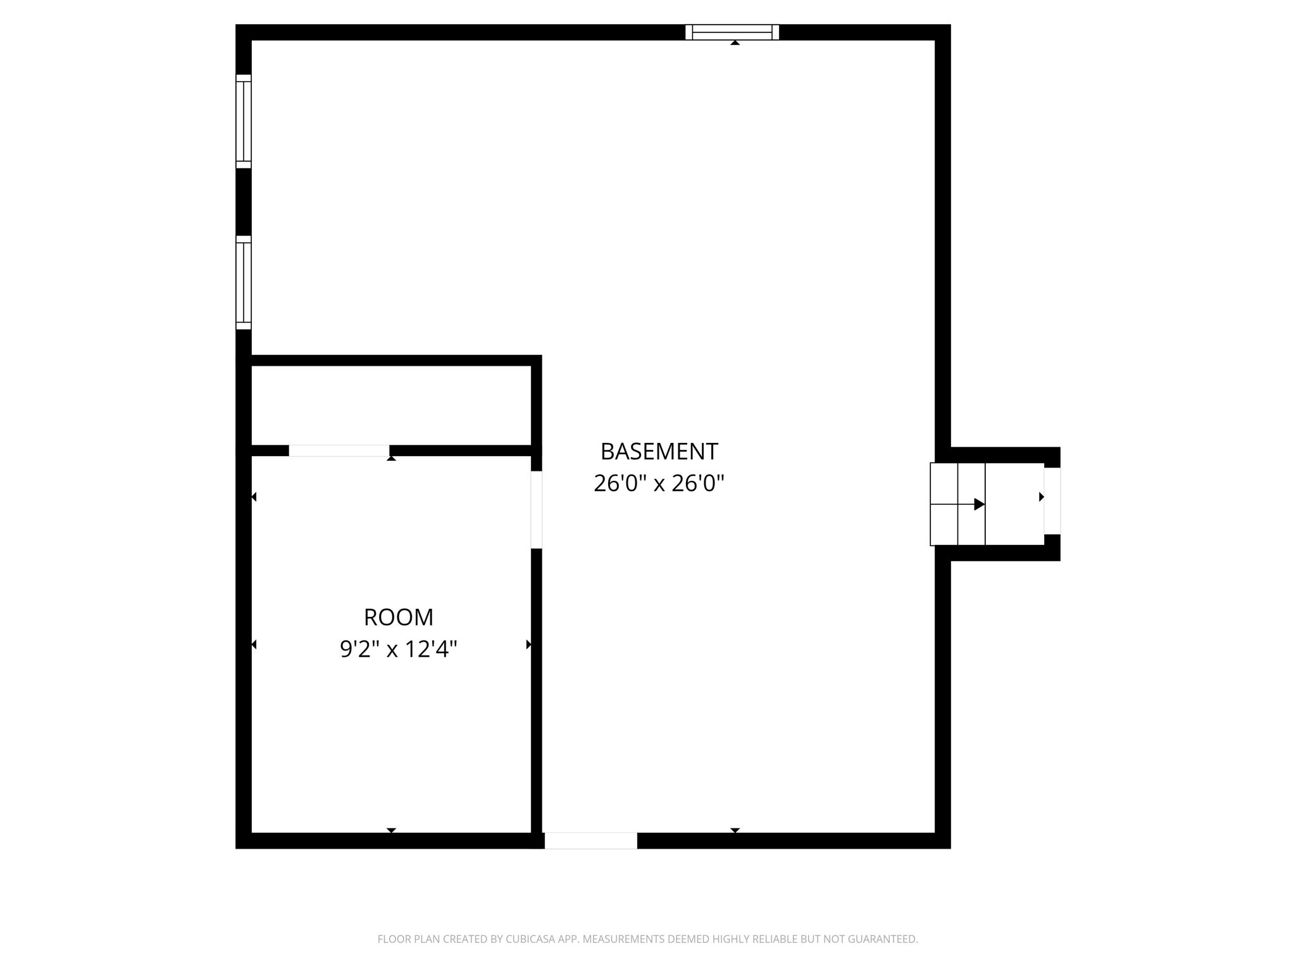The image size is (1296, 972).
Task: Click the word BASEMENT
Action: pos(659,452)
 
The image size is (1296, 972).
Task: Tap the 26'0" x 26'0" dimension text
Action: pos(659,484)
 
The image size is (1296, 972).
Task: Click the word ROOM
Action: pos(399,617)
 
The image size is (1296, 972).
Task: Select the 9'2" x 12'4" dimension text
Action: pos(399,649)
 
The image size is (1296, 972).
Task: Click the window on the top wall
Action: pos(732,32)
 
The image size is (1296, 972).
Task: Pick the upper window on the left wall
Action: pos(244,121)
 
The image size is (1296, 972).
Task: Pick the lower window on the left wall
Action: pos(244,283)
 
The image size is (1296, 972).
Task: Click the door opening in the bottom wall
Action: pos(590,841)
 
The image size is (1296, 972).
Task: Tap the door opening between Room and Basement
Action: pos(537,510)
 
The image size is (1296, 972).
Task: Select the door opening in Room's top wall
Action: pos(339,451)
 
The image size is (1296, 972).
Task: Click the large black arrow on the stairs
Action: pos(978,504)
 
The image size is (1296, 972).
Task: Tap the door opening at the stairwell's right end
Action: pos(1052,501)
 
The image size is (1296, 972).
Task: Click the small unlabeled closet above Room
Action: pos(391,405)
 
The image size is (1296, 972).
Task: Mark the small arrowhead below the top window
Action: pos(735,43)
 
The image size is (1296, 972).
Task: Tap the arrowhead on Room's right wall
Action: pos(528,645)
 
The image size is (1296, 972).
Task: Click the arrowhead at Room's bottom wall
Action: pos(391,830)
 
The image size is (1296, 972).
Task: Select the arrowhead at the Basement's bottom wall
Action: pos(735,830)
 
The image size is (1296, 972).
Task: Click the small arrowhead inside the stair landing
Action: pos(1041,497)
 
